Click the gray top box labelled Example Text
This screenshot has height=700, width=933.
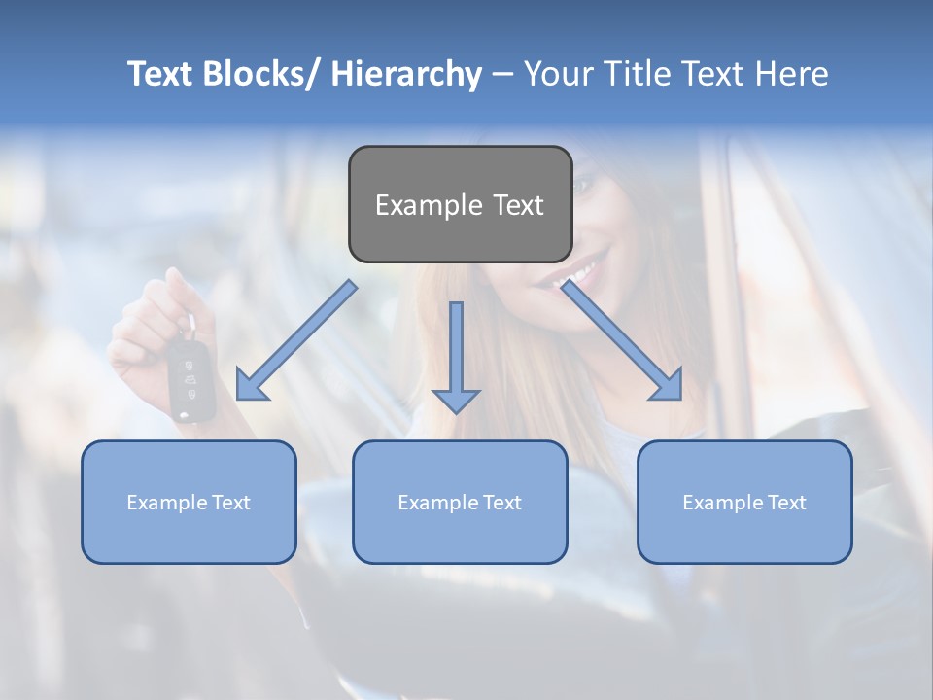pos(460,204)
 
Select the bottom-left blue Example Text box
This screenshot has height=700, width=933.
pos(189,502)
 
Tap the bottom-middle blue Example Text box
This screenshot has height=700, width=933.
pos(460,502)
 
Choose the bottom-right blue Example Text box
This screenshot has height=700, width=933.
pos(744,502)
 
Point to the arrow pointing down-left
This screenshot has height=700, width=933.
pos(295,341)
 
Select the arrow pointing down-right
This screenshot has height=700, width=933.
pos(622,341)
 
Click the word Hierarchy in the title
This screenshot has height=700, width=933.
pos(406,74)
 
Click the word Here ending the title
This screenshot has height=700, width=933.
pos(793,74)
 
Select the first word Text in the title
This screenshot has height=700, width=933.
pos(161,74)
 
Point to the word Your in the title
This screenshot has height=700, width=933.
pos(557,74)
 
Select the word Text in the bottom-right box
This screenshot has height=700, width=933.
pos(785,503)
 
